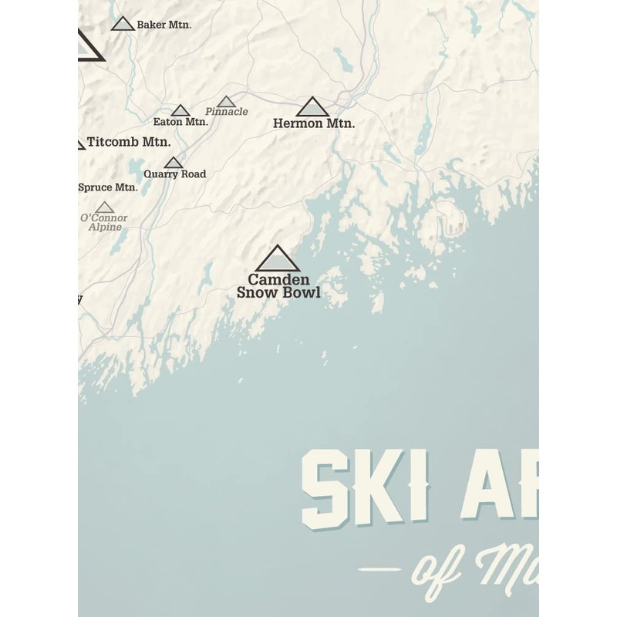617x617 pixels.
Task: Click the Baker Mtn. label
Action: click(164, 25)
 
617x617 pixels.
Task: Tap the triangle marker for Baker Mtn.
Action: click(123, 24)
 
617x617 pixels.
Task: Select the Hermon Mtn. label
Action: click(314, 123)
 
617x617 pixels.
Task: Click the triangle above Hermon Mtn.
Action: click(312, 108)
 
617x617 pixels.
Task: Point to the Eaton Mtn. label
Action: click(180, 122)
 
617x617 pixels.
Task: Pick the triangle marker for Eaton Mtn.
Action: click(180, 111)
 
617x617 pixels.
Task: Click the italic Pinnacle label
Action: click(227, 112)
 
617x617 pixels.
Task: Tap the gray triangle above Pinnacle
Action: click(226, 102)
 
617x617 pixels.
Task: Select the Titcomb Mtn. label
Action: click(129, 142)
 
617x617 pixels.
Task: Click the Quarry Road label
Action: click(175, 174)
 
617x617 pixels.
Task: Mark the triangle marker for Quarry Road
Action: click(174, 163)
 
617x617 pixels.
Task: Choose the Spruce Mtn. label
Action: click(108, 187)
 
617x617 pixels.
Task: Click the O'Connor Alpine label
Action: click(104, 222)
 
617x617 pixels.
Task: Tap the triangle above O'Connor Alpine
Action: click(105, 207)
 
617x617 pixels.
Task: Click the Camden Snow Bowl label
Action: click(278, 286)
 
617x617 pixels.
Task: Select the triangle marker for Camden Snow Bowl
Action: click(277, 260)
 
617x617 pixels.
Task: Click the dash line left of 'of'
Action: click(379, 570)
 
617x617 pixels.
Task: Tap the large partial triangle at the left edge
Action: click(87, 47)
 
